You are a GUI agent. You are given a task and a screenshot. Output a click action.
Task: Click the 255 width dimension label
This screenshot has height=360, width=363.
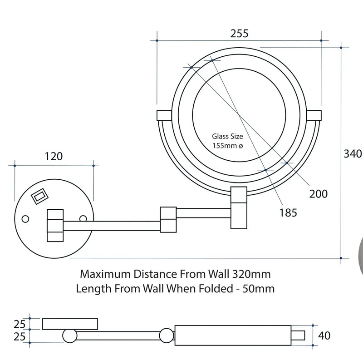(x=239, y=34)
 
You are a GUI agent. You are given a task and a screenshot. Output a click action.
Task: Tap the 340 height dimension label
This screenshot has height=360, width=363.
(x=353, y=153)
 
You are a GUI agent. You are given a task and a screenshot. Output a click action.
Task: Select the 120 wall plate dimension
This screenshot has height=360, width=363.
(x=54, y=157)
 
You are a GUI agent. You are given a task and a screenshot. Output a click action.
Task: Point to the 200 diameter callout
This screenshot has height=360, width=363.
(x=318, y=194)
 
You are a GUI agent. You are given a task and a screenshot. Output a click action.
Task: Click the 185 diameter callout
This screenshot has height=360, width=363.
(x=288, y=212)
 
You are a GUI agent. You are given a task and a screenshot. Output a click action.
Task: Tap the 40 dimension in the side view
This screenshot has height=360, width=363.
(x=325, y=336)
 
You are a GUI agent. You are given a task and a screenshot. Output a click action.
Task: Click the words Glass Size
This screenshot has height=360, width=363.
(x=228, y=136)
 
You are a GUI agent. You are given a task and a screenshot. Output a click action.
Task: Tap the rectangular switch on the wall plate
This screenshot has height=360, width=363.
(x=38, y=196)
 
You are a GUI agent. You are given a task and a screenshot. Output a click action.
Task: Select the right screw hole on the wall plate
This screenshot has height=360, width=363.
(x=83, y=219)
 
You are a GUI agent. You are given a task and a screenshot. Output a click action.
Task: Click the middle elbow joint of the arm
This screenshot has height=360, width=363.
(x=167, y=220)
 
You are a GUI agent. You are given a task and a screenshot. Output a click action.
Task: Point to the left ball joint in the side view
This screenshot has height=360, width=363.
(x=70, y=336)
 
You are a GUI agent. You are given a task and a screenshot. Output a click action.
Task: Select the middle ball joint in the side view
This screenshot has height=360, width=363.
(x=167, y=336)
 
